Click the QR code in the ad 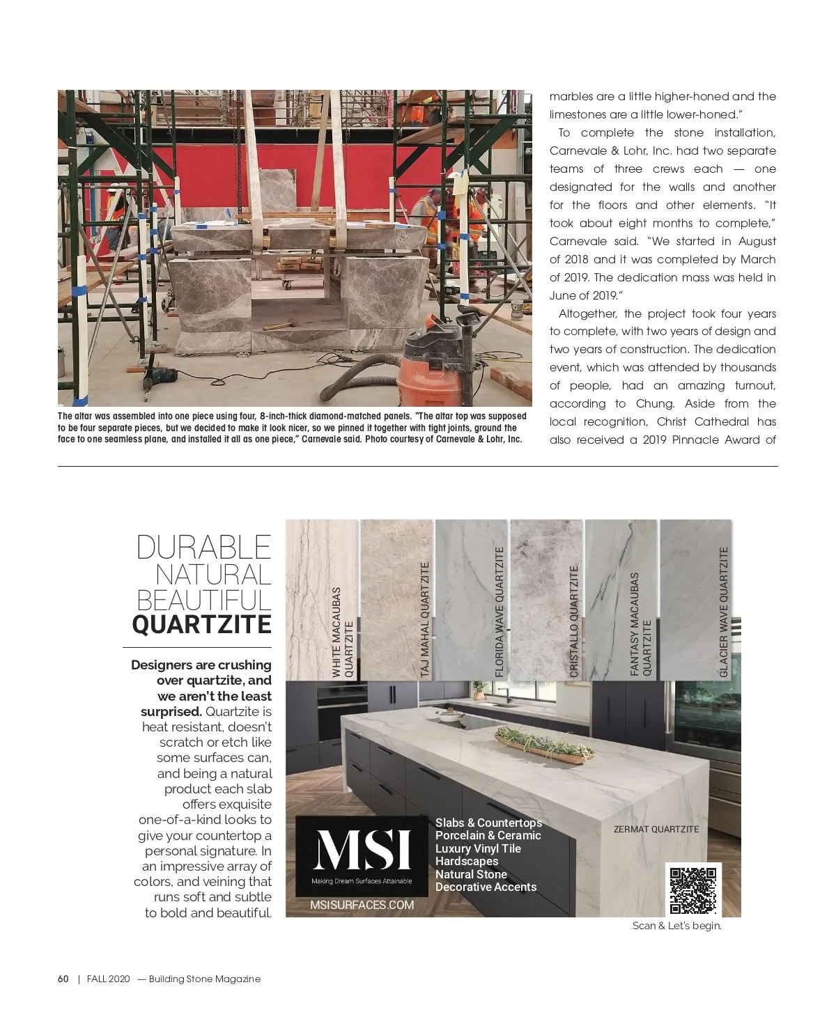692,889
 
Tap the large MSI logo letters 362,850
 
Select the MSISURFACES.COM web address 362,905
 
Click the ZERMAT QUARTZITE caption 656,829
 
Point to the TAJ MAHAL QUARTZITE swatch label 425,619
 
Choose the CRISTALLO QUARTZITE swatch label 574,621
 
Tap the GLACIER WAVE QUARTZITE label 723,612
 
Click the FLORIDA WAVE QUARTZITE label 499,612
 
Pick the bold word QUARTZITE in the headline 201,624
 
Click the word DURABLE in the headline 203,547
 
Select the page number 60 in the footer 63,979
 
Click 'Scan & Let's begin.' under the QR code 676,926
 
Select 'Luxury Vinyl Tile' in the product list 478,848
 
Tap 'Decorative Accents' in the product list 486,887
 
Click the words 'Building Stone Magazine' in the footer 204,979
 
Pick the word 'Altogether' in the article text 587,313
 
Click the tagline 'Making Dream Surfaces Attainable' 362,881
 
